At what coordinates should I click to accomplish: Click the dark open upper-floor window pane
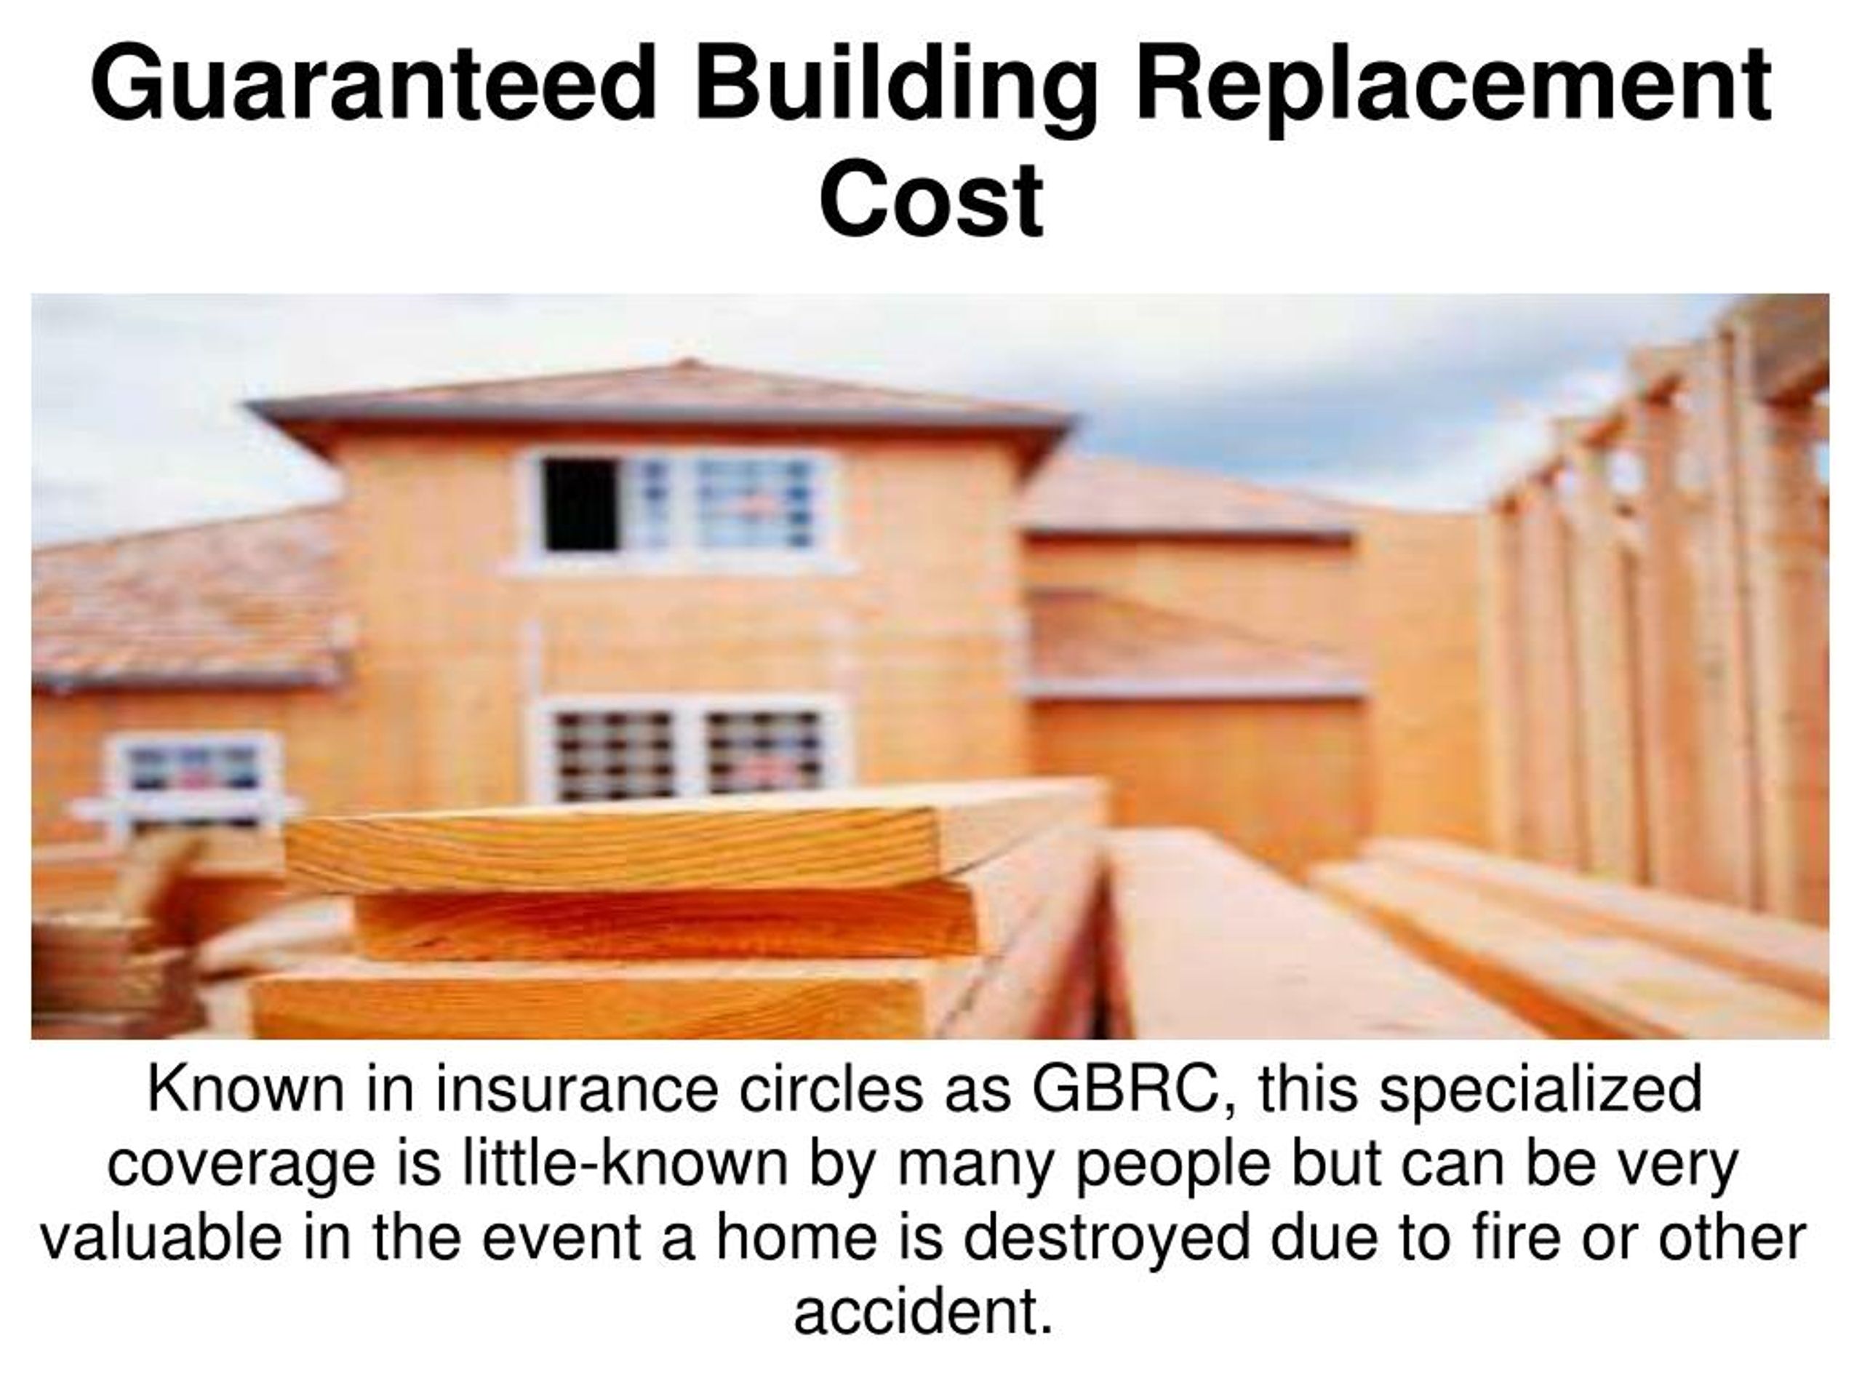579,503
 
